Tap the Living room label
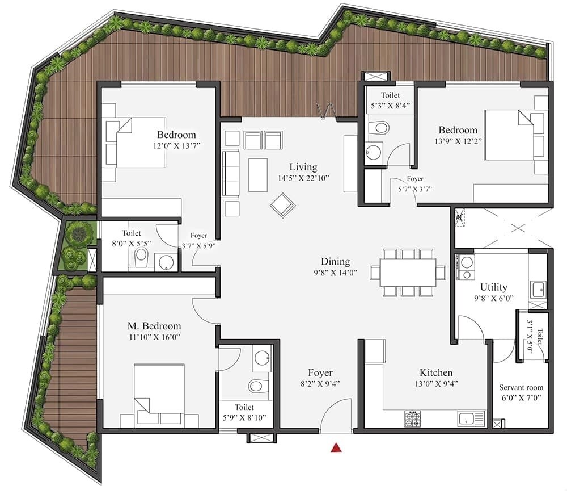(303, 167)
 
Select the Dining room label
(335, 262)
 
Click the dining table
(408, 273)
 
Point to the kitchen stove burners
(412, 419)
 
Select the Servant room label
(521, 387)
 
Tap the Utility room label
(493, 287)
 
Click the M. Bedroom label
(154, 326)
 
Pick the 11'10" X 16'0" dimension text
(154, 337)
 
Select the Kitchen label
(436, 372)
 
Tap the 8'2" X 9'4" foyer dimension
(320, 384)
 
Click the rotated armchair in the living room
(282, 204)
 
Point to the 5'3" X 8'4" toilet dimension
(390, 106)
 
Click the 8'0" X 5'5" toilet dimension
(131, 244)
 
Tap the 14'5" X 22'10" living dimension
(303, 178)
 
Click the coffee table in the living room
(257, 174)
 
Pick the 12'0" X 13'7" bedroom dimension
(176, 146)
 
